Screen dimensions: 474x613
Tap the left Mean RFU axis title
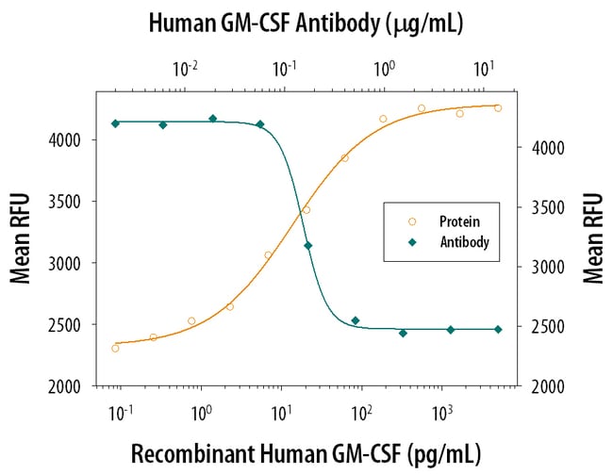tap(20, 237)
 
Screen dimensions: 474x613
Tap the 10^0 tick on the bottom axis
tap(200, 411)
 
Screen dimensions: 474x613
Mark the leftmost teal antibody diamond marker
tap(115, 123)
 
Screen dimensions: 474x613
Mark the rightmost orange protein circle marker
tap(498, 108)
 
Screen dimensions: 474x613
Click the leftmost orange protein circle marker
tap(115, 349)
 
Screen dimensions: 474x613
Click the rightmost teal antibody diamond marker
tap(498, 329)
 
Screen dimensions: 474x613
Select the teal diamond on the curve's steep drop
tap(307, 246)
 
